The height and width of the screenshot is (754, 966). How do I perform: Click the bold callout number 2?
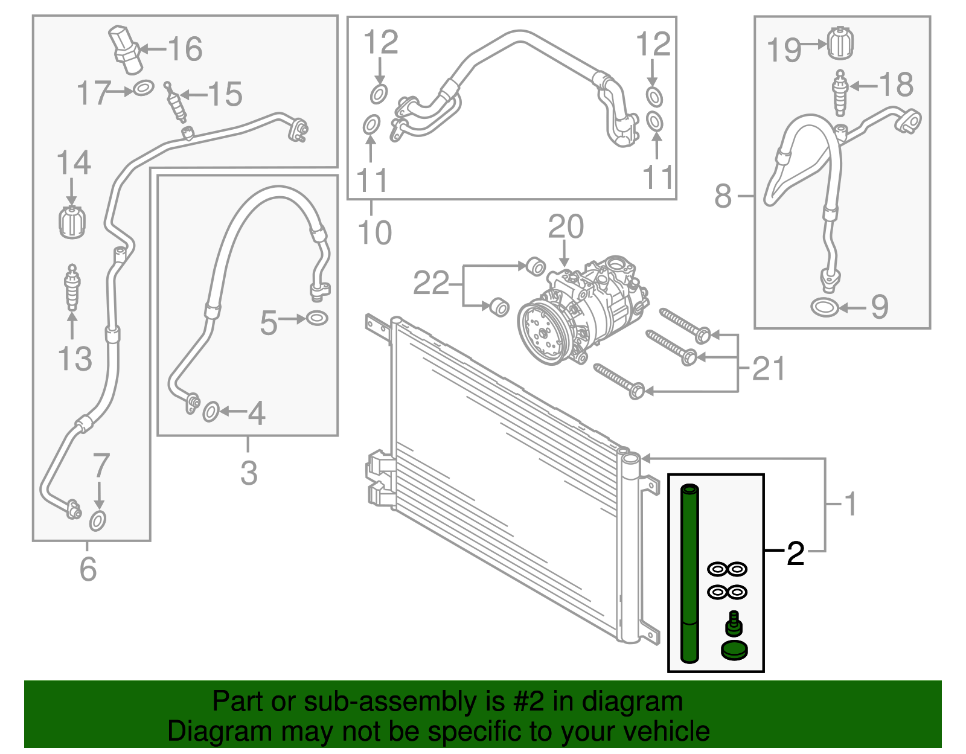click(x=796, y=554)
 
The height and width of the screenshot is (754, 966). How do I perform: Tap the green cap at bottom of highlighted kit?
click(x=734, y=651)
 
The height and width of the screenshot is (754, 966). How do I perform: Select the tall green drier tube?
click(x=689, y=573)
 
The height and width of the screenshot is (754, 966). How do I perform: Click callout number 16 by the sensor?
click(x=185, y=49)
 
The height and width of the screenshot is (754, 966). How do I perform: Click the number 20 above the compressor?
click(x=566, y=227)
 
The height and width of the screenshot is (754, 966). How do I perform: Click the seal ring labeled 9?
click(x=825, y=307)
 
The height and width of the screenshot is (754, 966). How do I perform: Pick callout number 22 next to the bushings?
click(x=431, y=283)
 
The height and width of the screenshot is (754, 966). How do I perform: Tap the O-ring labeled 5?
click(x=317, y=318)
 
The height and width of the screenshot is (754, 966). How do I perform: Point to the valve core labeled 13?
click(x=72, y=288)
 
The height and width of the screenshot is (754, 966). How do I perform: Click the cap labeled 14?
click(x=72, y=222)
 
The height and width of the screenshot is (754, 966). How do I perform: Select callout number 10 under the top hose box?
click(x=374, y=232)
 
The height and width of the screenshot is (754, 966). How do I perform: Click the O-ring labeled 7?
click(x=98, y=520)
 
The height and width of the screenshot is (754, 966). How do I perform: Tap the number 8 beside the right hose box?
click(x=723, y=196)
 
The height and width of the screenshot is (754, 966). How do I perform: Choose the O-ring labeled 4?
click(x=210, y=412)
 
